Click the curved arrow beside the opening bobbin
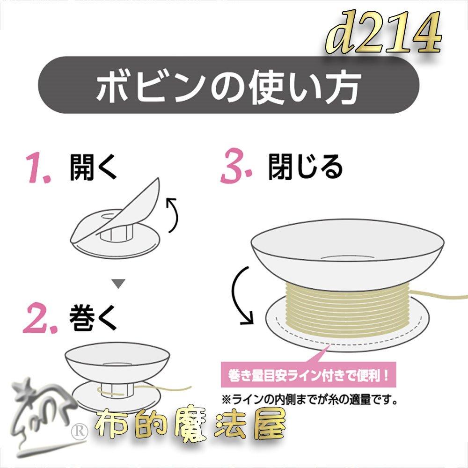pyautogui.click(x=172, y=215)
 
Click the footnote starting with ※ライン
pyautogui.click(x=311, y=400)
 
